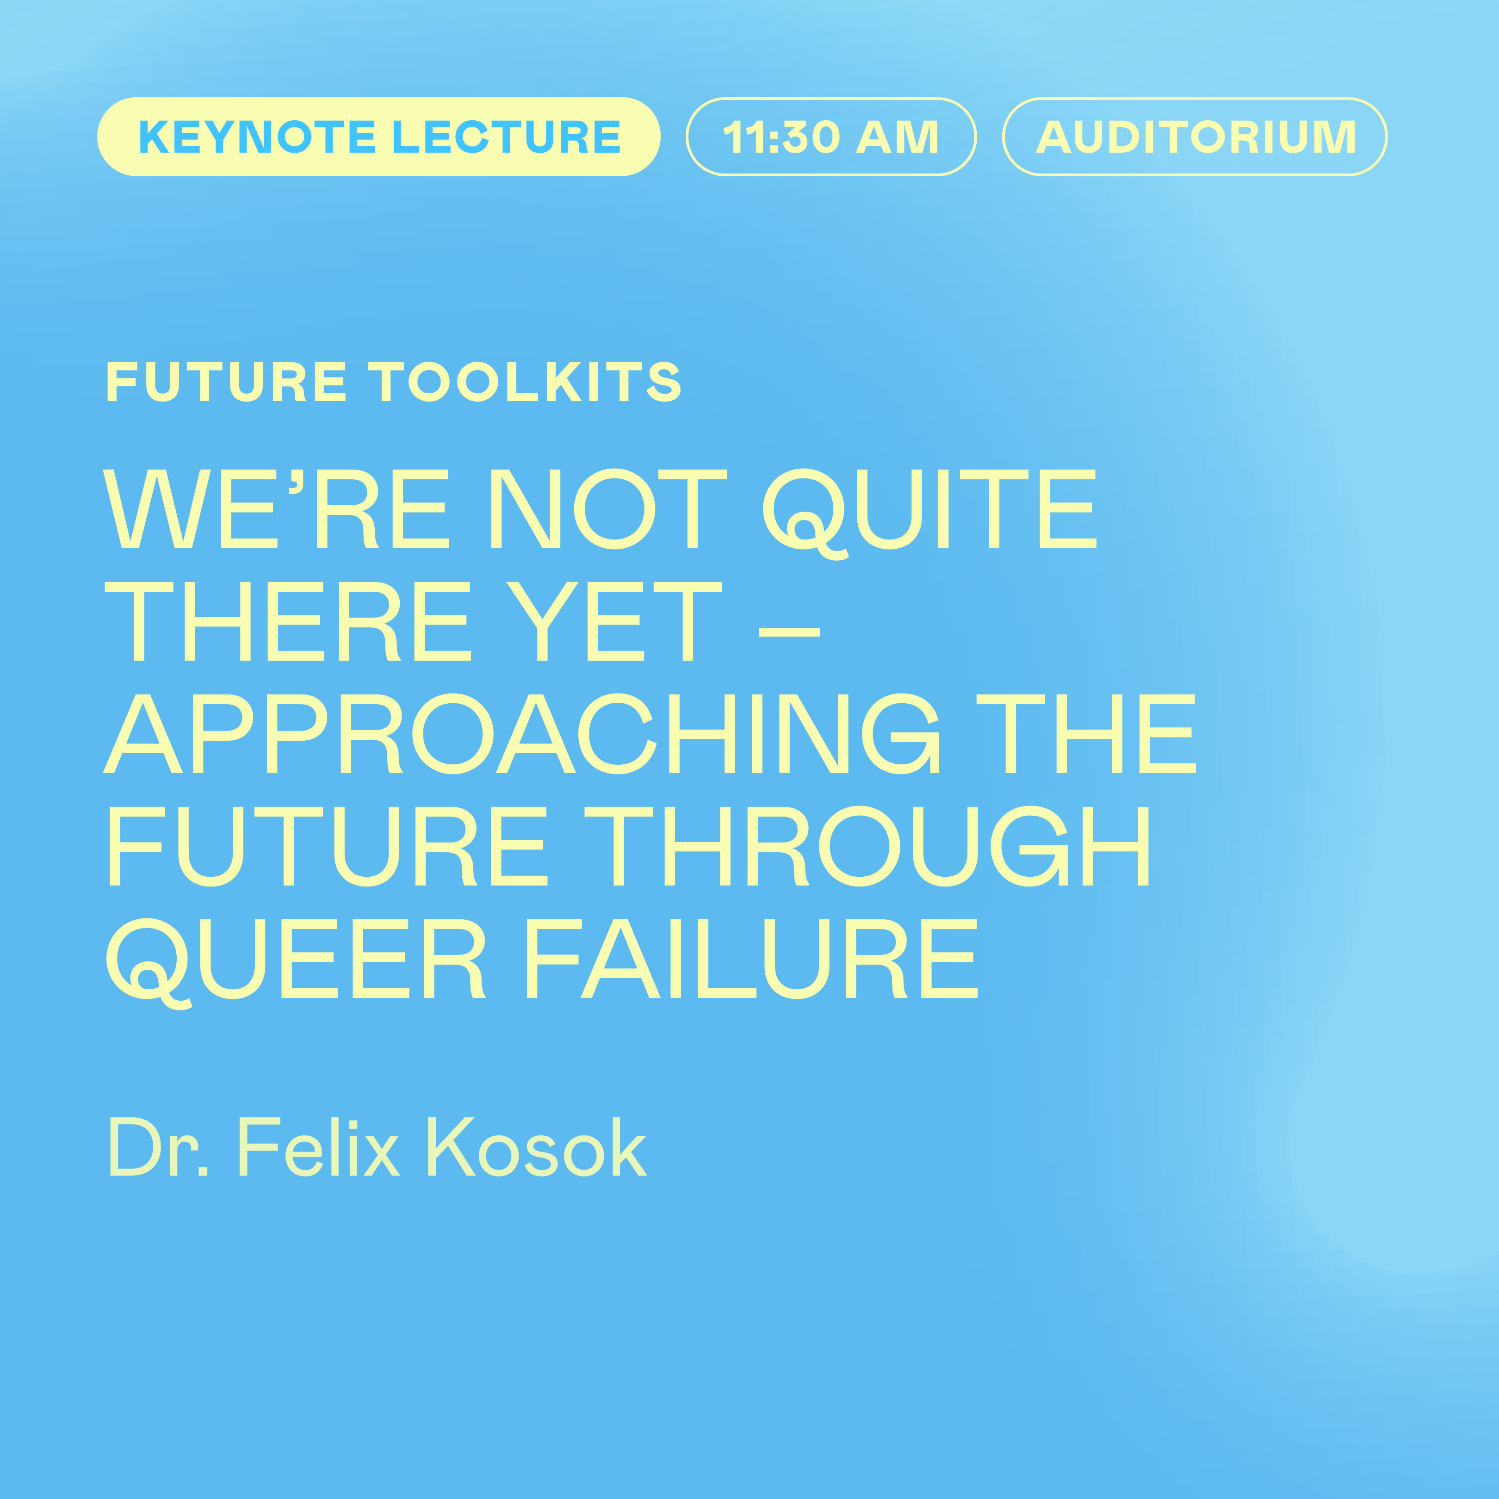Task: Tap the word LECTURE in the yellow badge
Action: (x=506, y=137)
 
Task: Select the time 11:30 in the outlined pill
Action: (x=781, y=137)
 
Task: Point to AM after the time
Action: (x=898, y=137)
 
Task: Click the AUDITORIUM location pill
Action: (x=1195, y=137)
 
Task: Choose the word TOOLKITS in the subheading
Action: (x=525, y=382)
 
